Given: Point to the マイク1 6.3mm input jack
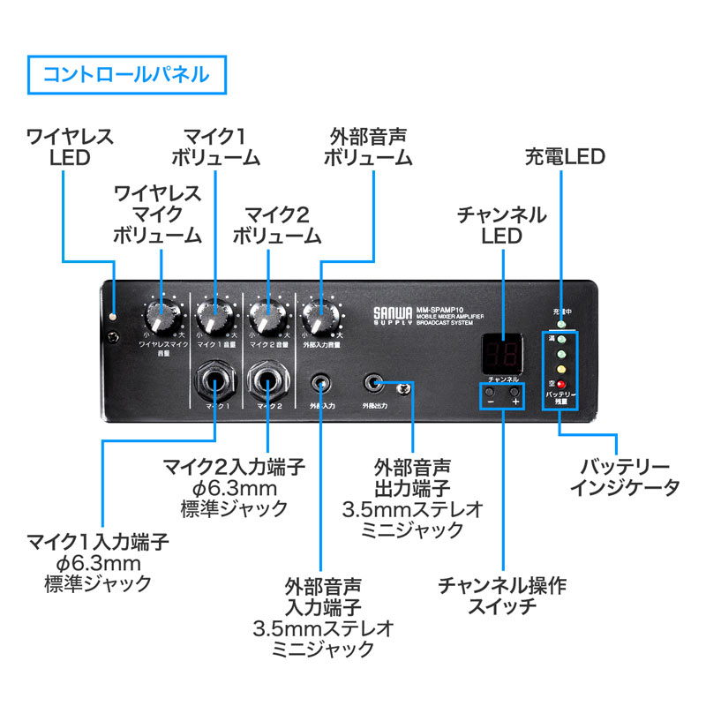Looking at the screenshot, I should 214,382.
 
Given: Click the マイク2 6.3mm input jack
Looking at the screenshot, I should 267,382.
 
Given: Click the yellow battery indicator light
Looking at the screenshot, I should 560,370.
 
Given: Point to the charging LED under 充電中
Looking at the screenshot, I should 560,324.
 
